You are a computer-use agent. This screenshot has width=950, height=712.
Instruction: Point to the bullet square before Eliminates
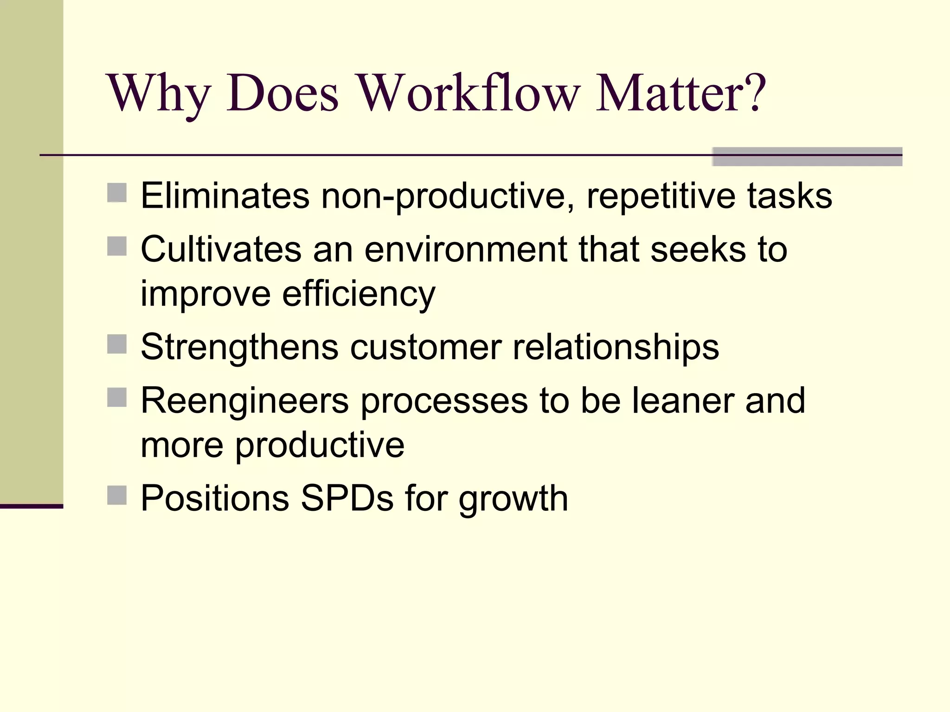point(117,193)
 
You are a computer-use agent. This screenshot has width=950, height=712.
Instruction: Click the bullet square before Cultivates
point(117,247)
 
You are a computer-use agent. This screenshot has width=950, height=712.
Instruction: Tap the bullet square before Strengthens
point(117,344)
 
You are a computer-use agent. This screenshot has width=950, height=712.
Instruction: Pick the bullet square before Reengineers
point(117,398)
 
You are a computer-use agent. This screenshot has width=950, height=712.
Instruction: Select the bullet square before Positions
point(117,496)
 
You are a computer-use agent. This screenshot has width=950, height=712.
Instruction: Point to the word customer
point(426,347)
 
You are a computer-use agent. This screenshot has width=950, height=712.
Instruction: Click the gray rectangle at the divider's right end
point(807,157)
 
